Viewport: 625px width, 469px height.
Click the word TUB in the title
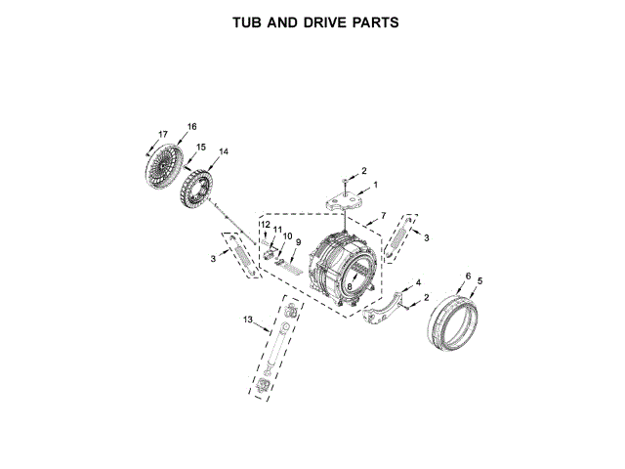click(248, 21)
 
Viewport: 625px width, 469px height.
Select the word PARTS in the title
click(376, 21)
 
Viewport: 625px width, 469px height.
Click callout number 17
click(163, 134)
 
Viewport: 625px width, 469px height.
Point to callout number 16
click(191, 126)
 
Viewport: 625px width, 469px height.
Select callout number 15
click(200, 147)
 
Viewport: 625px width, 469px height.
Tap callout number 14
click(224, 151)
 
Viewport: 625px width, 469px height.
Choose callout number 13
click(248, 320)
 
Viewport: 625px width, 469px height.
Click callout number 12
click(265, 225)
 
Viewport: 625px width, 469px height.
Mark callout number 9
click(298, 241)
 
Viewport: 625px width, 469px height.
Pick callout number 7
click(384, 214)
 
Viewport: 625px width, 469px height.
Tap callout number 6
click(468, 277)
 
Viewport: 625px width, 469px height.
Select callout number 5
click(479, 281)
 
